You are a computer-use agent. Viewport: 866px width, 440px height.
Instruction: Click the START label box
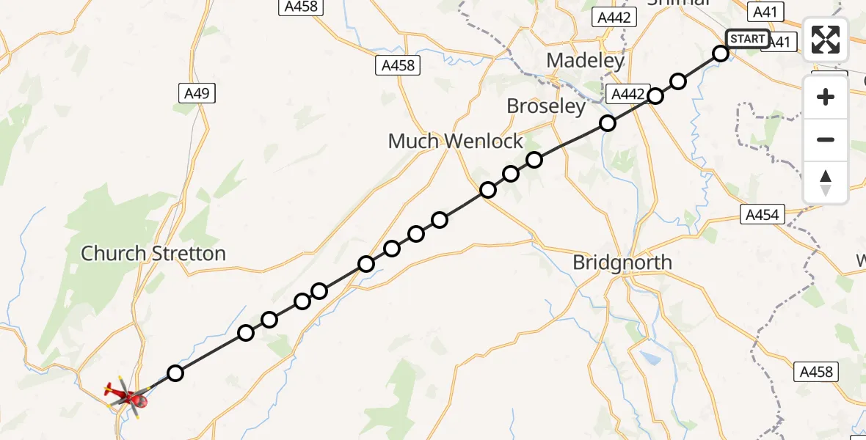point(748,39)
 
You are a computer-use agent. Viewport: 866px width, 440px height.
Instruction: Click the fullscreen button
point(826,40)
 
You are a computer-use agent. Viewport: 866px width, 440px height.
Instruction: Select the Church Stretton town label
point(153,254)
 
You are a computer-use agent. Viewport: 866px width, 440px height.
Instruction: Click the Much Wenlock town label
point(456,141)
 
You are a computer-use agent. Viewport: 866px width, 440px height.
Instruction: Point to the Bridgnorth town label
point(622,263)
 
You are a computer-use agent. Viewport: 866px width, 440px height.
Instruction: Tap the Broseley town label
point(547,106)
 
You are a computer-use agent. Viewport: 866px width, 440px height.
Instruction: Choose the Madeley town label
point(585,60)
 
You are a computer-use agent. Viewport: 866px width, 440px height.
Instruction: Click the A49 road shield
point(197,93)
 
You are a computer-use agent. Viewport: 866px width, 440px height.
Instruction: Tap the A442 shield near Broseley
point(629,94)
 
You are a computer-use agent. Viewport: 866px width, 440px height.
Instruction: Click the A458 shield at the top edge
point(300,7)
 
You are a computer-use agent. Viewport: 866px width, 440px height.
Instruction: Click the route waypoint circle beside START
point(721,54)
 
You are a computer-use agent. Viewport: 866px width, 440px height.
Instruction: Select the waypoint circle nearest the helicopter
point(175,373)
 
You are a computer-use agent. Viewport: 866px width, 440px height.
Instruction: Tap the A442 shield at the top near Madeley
point(614,18)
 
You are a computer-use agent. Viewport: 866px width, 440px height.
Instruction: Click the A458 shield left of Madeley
point(399,65)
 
